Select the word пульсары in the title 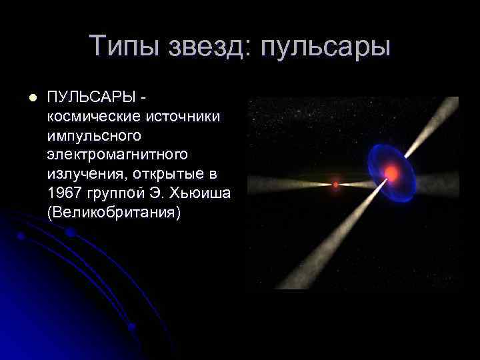(325, 47)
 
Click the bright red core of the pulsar (391, 174)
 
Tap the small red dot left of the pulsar (335, 183)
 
